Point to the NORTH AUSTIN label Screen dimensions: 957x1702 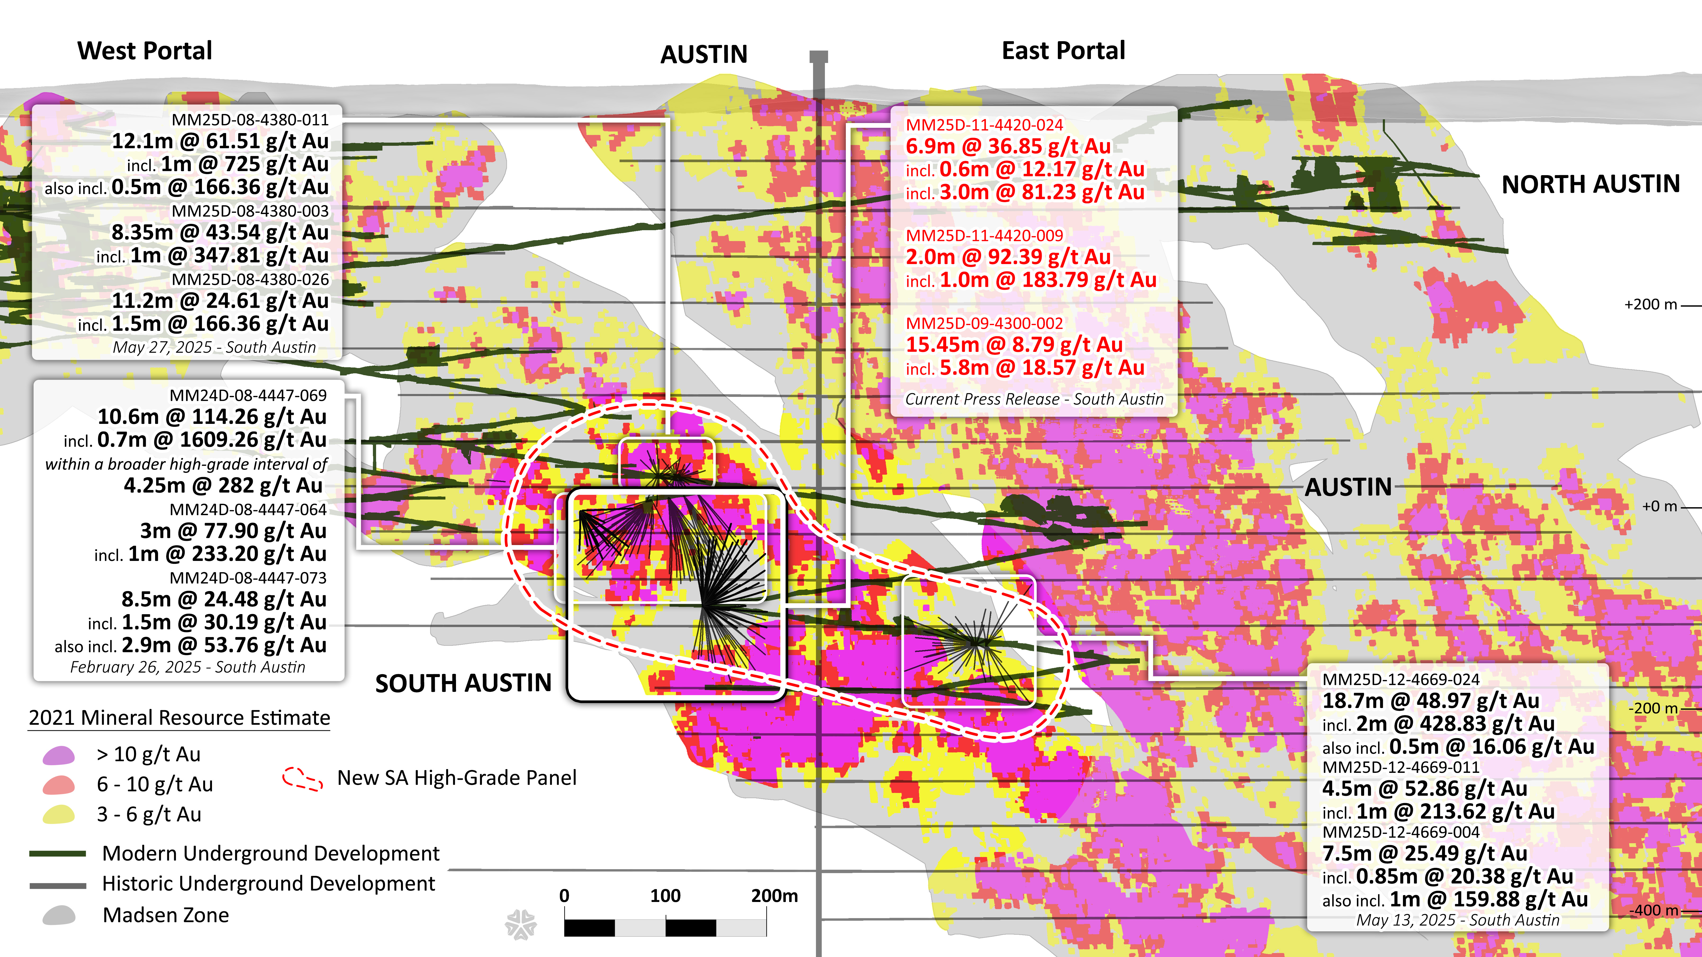[1590, 184]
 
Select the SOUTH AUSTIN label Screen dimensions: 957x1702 [463, 683]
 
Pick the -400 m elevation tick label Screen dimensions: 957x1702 [1653, 910]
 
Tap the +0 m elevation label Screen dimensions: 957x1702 [1659, 507]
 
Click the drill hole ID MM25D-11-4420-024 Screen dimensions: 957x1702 [984, 125]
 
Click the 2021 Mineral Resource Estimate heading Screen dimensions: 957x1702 [179, 718]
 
